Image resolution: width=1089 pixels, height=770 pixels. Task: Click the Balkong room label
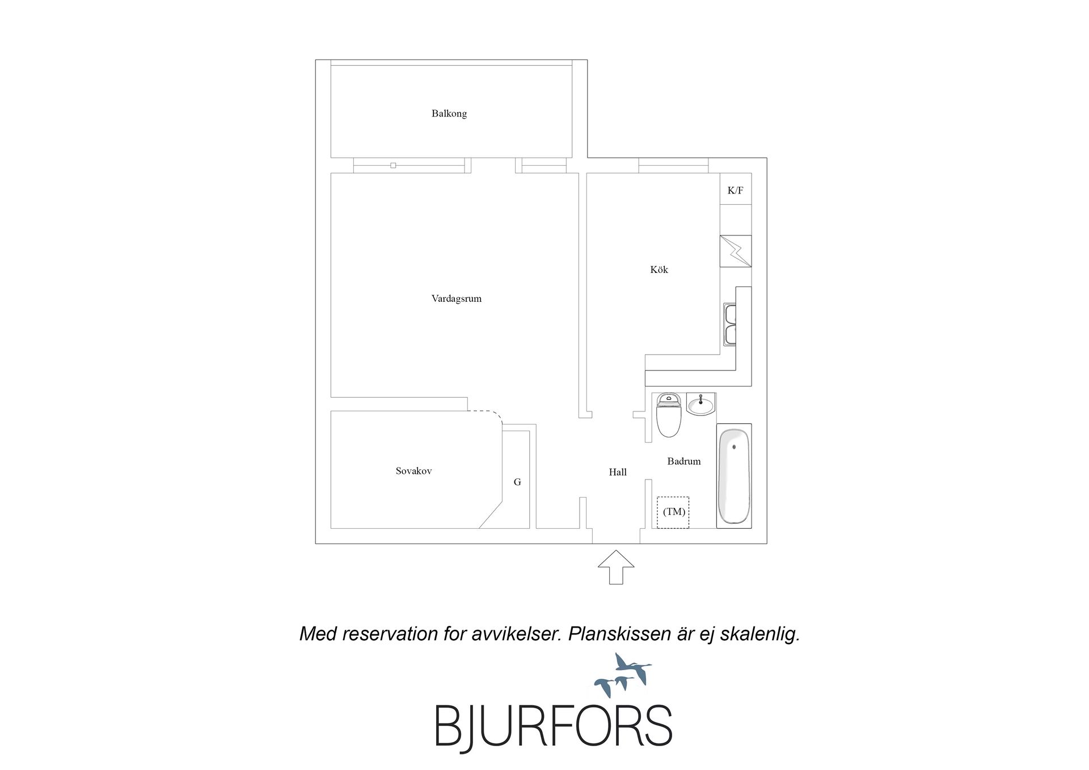click(449, 113)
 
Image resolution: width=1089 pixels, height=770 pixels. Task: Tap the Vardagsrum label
click(457, 298)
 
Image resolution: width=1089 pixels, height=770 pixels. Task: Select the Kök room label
click(659, 270)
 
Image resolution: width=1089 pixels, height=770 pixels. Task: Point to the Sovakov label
click(414, 471)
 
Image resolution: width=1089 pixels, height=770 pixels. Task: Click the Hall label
click(618, 472)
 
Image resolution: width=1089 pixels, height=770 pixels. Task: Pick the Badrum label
click(684, 461)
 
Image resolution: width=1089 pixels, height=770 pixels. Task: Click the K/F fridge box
click(736, 189)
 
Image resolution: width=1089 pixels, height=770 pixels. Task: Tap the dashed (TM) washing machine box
click(673, 512)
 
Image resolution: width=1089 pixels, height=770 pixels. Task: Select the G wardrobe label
click(517, 482)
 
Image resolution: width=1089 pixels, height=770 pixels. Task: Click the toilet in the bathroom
click(669, 415)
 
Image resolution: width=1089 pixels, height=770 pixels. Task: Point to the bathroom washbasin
click(701, 404)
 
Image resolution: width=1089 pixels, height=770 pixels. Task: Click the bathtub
click(734, 476)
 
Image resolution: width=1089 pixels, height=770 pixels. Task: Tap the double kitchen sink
click(729, 324)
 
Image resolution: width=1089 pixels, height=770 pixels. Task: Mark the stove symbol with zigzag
click(736, 251)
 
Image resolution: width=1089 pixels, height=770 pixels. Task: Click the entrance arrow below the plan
click(616, 567)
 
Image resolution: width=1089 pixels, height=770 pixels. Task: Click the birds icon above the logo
click(623, 675)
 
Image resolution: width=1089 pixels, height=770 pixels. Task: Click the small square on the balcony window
click(393, 166)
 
